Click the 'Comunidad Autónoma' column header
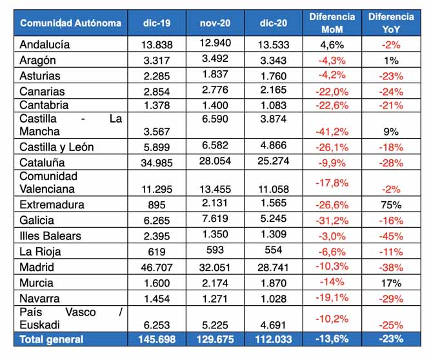[70, 23]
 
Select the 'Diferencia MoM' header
[332, 23]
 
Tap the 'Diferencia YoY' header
[391, 23]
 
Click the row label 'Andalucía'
[45, 45]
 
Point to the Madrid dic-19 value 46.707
[157, 267]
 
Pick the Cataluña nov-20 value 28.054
[215, 161]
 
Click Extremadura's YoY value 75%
[391, 205]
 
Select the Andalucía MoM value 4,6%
[332, 45]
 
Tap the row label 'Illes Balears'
[50, 236]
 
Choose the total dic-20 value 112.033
[274, 339]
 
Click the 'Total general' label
[52, 339]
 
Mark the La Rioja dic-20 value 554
[274, 250]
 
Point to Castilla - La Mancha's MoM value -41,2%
[332, 132]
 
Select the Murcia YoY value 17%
[391, 283]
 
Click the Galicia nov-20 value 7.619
[215, 219]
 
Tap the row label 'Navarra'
[39, 299]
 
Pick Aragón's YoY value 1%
[391, 61]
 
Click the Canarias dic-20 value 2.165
[274, 90]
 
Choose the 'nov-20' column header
[215, 23]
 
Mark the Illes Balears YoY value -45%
[391, 236]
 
